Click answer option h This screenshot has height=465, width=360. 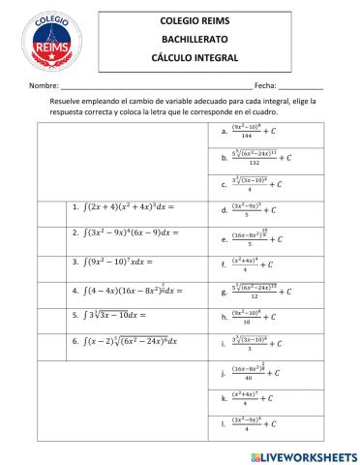(x=262, y=316)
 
